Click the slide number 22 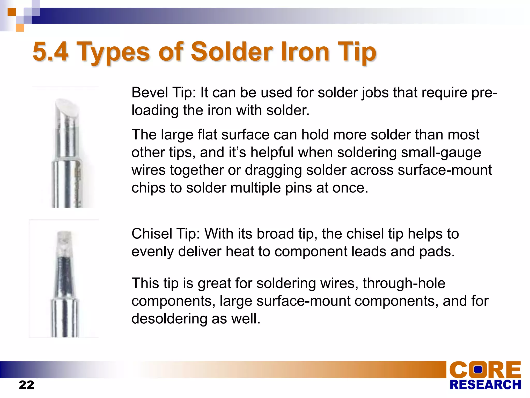tap(26, 385)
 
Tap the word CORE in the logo tap(485, 370)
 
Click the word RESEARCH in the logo tap(485, 385)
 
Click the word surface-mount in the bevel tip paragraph tap(445, 170)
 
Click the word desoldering tap(169, 319)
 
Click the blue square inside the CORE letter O tap(478, 369)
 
